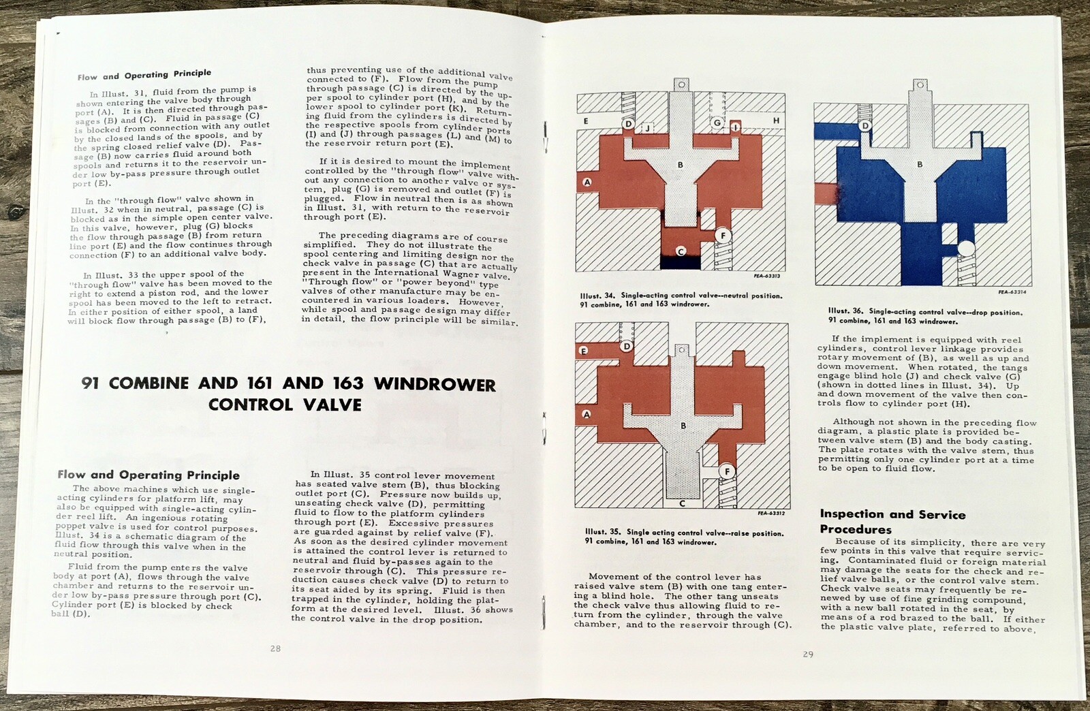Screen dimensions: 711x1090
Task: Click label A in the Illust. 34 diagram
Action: pos(587,182)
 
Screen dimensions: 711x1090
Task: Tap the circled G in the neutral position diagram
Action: pos(716,123)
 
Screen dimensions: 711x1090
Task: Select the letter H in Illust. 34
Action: pos(776,121)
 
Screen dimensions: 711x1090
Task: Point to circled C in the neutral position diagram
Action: pos(680,251)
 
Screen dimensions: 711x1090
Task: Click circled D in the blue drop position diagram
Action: pos(865,126)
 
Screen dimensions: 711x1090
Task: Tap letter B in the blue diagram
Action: pos(920,164)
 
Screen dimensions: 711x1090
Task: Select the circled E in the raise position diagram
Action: pos(583,351)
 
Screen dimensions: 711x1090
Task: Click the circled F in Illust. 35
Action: pos(726,471)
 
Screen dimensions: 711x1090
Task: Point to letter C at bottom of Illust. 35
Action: pos(682,505)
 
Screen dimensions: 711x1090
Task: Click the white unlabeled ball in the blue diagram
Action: pos(965,251)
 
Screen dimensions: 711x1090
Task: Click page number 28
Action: pos(275,648)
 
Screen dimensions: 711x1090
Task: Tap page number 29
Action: pos(808,654)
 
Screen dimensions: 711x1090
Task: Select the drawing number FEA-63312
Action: pos(771,513)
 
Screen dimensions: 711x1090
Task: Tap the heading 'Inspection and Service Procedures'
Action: pos(892,522)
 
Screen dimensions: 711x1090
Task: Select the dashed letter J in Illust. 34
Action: pos(647,127)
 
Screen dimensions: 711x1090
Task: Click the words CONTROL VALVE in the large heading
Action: pos(285,405)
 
